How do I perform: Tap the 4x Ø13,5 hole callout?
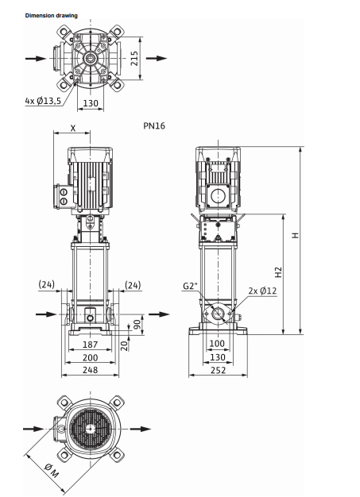42,101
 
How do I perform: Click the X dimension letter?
73,127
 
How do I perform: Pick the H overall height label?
295,236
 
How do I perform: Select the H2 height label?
279,271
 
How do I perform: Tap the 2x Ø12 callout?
262,291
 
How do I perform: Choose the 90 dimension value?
136,324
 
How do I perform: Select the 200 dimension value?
90,358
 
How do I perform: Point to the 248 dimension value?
90,370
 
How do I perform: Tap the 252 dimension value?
217,370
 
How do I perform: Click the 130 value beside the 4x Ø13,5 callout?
91,103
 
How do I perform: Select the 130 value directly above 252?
217,357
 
